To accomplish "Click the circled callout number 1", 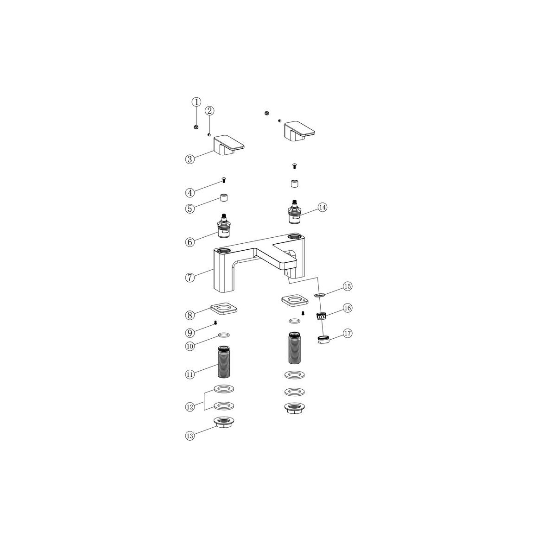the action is point(196,102).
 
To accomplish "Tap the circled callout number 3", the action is point(190,159).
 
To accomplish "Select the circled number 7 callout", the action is point(190,278).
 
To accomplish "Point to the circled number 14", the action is point(322,207).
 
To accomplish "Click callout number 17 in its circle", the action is point(348,333).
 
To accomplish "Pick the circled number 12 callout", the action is point(190,407).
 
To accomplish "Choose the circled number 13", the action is point(190,436).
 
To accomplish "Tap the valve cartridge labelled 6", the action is point(224,226).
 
